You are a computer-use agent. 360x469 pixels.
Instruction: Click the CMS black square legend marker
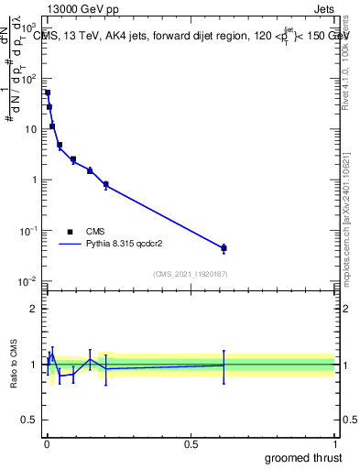click(x=70, y=232)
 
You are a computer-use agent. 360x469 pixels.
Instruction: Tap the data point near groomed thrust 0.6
click(x=224, y=248)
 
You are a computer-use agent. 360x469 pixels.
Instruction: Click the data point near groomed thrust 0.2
click(x=105, y=184)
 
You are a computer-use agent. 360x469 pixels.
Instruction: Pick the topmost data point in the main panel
click(x=48, y=93)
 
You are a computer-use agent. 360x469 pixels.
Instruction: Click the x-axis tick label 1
click(x=335, y=444)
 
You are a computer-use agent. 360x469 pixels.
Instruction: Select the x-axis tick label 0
click(x=46, y=444)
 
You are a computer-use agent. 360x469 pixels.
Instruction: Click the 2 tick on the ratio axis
click(x=33, y=309)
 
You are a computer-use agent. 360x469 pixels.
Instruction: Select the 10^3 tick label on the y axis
click(x=29, y=28)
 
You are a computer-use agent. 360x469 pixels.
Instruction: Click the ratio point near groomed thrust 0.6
click(x=224, y=365)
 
